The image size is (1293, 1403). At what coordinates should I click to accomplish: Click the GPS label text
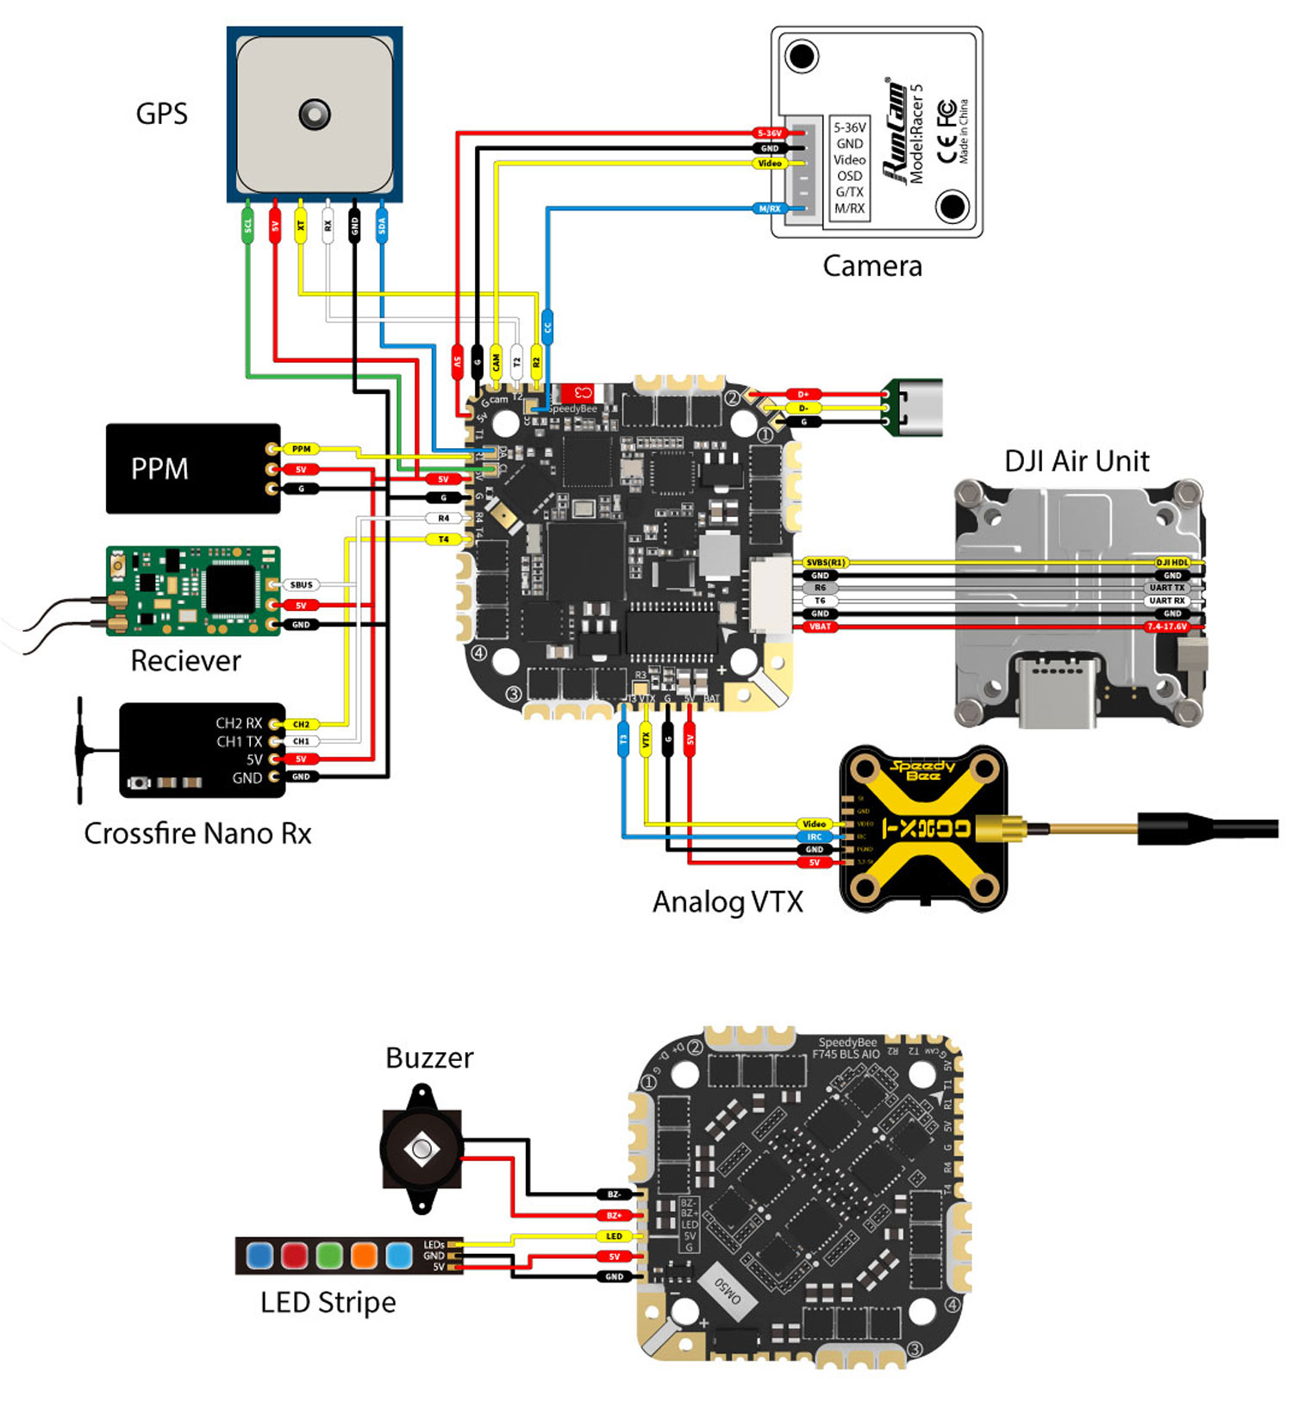[161, 114]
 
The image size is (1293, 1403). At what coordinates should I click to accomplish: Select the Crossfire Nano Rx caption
[197, 833]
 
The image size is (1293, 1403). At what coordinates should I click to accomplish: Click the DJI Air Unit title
[1077, 461]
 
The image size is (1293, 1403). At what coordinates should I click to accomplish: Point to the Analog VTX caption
[728, 902]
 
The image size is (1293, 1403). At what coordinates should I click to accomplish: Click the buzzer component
[422, 1149]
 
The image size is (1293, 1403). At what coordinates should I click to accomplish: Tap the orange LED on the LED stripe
[364, 1255]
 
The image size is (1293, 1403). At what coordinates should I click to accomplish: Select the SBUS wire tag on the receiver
[301, 585]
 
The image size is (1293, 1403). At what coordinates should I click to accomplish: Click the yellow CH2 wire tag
[301, 724]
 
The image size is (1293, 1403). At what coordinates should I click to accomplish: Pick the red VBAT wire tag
[820, 627]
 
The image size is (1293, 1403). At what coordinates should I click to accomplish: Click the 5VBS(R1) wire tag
[826, 563]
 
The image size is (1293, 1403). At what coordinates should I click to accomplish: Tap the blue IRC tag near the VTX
[815, 837]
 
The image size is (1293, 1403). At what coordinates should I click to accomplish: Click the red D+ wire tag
[803, 395]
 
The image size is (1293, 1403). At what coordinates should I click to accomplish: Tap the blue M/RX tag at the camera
[770, 209]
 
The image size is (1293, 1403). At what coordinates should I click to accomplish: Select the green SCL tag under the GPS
[247, 226]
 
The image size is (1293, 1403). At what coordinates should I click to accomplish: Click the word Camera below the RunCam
[872, 265]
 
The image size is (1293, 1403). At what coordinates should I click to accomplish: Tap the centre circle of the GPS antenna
[314, 114]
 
